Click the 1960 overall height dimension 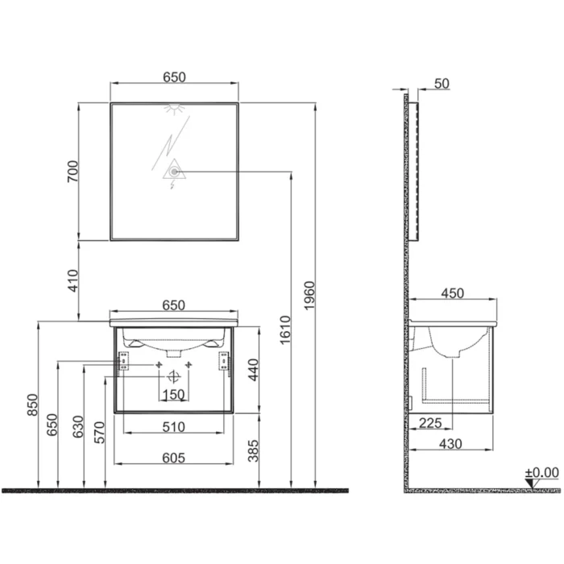click(309, 296)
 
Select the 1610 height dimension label click(285, 330)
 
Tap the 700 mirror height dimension click(73, 171)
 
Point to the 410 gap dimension click(73, 280)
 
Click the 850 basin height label click(32, 404)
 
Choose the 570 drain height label click(99, 433)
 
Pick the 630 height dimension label click(78, 426)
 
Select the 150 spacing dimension click(174, 395)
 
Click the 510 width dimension click(174, 427)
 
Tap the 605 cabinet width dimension click(174, 458)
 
